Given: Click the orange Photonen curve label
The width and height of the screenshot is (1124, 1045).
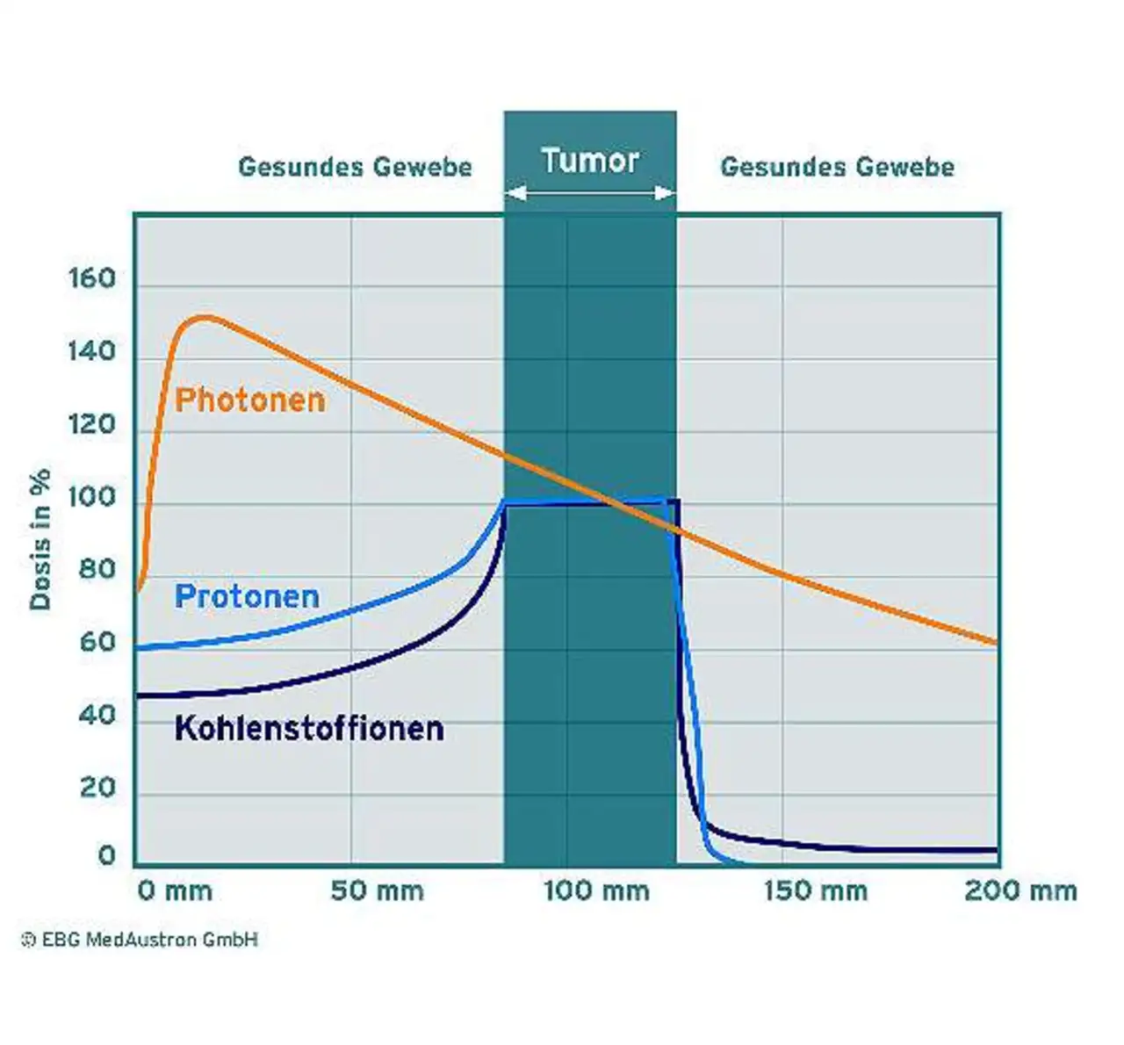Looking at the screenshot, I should point(250,400).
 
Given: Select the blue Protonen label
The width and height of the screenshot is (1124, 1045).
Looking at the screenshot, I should point(247,597).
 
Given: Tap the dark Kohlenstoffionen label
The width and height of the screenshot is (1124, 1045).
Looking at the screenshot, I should point(309,729).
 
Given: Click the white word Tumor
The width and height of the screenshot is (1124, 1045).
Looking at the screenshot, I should point(589,161).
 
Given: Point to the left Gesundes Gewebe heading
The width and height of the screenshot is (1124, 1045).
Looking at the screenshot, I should point(355,167).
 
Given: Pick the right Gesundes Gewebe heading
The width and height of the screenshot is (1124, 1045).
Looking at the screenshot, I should point(837,167).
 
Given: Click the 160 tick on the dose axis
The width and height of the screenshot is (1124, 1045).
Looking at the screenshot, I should point(92,279).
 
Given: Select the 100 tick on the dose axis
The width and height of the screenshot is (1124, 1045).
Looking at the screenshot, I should point(92,497).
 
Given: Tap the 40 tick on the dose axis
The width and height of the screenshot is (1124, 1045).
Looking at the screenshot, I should point(97,716).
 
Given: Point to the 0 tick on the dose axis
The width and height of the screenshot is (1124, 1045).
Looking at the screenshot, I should point(107,855).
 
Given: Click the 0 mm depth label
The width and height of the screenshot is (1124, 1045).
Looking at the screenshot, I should point(175,891).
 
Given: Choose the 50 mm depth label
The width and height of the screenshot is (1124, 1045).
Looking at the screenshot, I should point(377,891).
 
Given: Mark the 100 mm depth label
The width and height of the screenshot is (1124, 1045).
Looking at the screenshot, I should point(596,891).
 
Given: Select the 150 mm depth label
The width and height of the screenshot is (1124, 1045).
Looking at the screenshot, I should point(815,891).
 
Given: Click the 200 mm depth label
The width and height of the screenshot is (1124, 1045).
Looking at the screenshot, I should point(1020,891).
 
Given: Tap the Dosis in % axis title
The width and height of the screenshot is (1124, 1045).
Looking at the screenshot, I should point(40,539).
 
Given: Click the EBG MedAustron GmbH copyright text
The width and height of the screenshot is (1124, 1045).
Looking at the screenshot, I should point(140,940).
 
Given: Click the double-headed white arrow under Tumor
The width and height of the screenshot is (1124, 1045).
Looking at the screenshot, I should point(590,193).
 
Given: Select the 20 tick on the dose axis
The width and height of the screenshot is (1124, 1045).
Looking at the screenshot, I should point(97,788).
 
